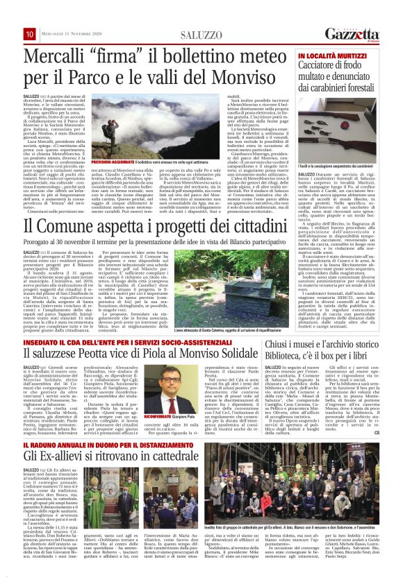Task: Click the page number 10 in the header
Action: [x=30, y=33]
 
